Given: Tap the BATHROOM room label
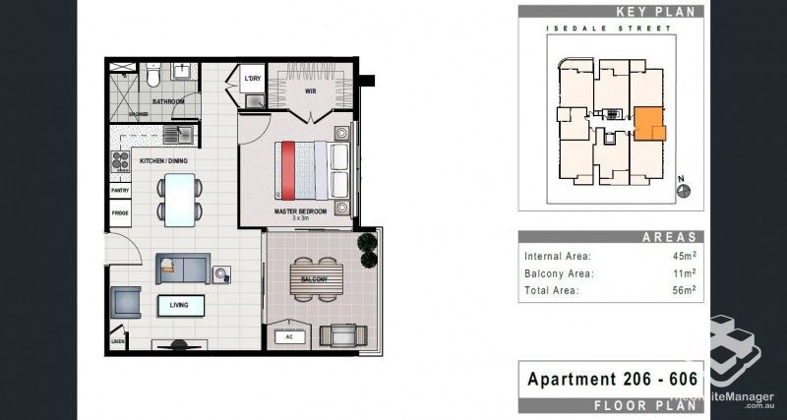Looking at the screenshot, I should [168, 101].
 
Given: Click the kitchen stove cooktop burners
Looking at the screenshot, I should [123, 161].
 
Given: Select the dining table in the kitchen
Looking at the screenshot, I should [179, 198].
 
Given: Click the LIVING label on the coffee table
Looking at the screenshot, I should [179, 306].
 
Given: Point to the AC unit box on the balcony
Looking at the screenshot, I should [288, 336].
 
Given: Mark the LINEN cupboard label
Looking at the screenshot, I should [118, 342].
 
